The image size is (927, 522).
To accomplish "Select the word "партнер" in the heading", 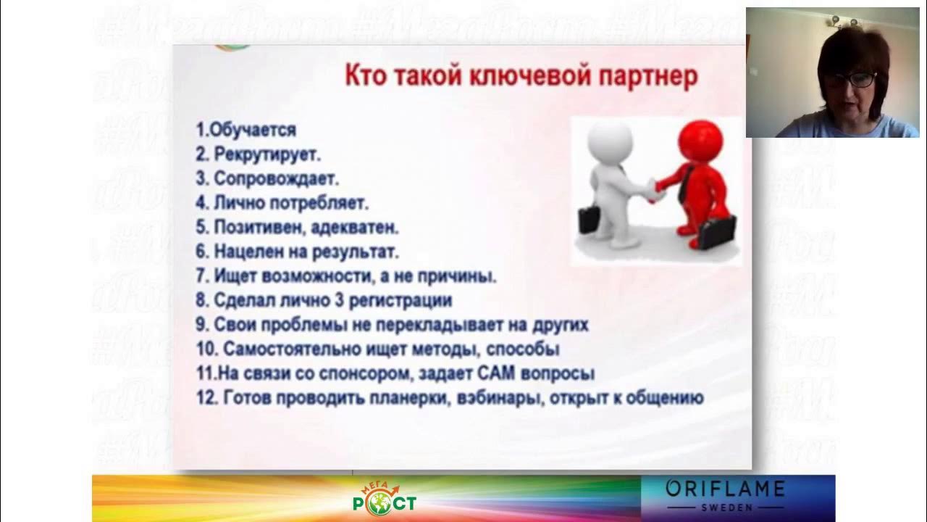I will [x=647, y=76].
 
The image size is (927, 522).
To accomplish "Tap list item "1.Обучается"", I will [x=246, y=130].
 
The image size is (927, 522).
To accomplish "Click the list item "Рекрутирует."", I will [x=267, y=154].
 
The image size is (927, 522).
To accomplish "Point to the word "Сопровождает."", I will [x=276, y=178].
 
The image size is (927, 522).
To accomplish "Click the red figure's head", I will [x=700, y=139].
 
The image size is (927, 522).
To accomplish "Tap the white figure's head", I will [x=610, y=139].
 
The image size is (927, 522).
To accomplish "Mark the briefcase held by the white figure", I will [x=588, y=219].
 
